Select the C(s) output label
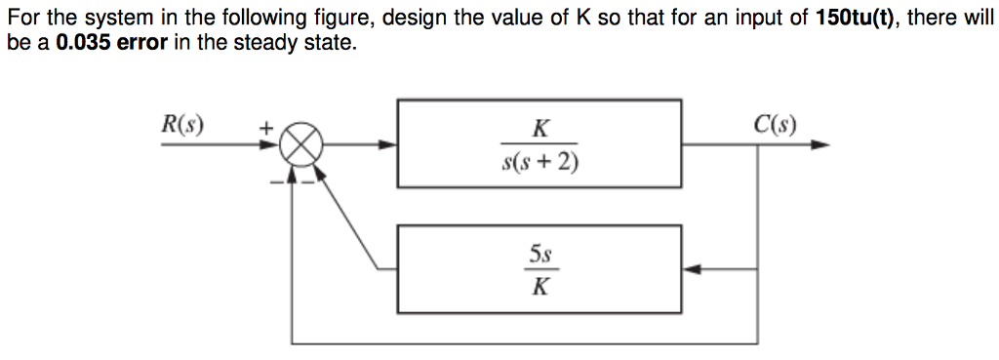[776, 125]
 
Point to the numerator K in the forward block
[539, 128]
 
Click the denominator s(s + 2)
[539, 162]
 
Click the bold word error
[144, 43]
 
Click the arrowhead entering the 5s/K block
[691, 269]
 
